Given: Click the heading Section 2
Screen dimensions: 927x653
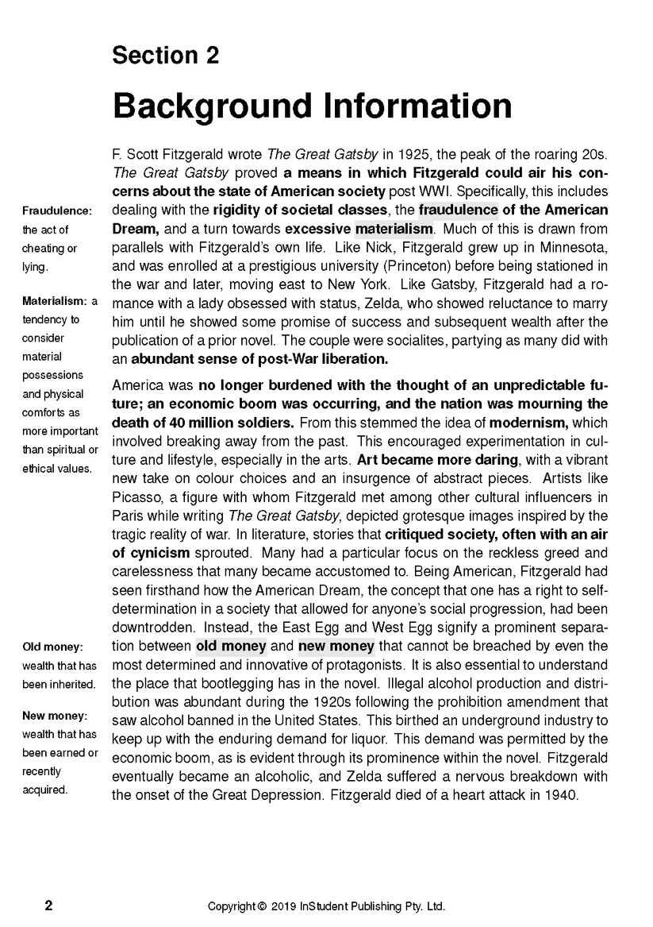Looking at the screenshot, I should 165,55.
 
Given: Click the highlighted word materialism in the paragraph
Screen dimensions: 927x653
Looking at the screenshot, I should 394,230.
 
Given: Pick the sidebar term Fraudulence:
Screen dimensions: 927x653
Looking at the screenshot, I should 57,211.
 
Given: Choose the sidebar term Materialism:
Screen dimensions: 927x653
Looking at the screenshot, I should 55,301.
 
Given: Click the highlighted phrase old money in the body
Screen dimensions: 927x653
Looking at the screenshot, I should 231,646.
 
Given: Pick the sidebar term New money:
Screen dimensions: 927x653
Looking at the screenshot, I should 54,715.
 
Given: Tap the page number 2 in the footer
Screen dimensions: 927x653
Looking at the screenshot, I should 48,906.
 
